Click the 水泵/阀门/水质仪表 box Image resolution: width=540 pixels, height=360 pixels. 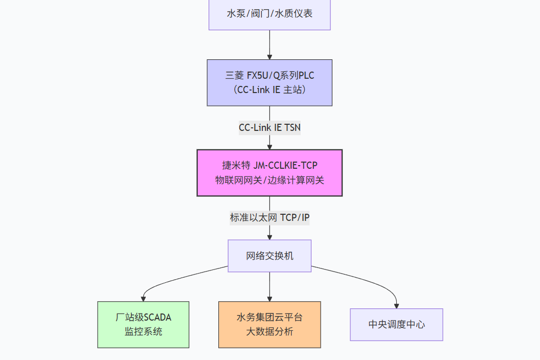(x=269, y=14)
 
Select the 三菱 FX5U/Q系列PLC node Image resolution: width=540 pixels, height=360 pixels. (x=269, y=82)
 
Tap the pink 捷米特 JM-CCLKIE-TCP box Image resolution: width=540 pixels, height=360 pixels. (x=269, y=173)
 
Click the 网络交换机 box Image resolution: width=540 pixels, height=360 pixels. (x=269, y=256)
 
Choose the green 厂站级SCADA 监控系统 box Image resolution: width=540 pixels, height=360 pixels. (x=143, y=324)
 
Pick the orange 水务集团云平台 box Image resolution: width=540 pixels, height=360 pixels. (x=269, y=324)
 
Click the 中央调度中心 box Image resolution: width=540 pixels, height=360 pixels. (x=396, y=324)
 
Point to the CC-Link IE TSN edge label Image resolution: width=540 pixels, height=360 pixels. (x=269, y=128)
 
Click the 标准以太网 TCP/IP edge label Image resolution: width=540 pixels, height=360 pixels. (x=269, y=218)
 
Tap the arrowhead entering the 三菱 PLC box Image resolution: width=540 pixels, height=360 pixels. (x=269, y=56)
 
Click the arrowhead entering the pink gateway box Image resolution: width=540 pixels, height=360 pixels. (x=269, y=146)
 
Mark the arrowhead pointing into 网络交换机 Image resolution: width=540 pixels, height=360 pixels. (x=269, y=237)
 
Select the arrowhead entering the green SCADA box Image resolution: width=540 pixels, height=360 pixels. (x=143, y=298)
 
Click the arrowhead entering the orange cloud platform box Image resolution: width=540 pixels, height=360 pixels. (x=269, y=298)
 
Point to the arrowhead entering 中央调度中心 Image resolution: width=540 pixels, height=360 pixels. (x=396, y=305)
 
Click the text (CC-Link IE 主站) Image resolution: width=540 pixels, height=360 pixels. (x=269, y=90)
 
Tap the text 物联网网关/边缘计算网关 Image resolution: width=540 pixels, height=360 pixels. (x=269, y=180)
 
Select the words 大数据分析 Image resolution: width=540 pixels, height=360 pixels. (x=269, y=331)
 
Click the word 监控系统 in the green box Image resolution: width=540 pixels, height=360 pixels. (x=143, y=331)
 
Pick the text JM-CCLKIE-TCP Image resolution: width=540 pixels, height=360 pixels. (x=285, y=165)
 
